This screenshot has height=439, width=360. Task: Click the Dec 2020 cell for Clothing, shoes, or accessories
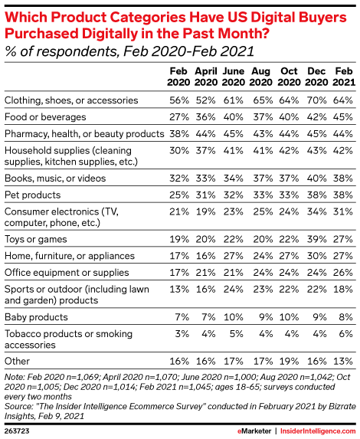click(x=316, y=100)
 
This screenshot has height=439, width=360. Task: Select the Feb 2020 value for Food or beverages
click(x=179, y=116)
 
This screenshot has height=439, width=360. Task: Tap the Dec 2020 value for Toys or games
click(x=316, y=239)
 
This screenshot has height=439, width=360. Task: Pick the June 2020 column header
click(x=234, y=77)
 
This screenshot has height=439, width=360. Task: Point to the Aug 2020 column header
click(x=261, y=77)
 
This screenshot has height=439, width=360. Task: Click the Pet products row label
click(x=32, y=195)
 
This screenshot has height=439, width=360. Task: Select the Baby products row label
click(x=36, y=317)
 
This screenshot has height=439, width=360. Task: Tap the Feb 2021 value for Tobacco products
click(x=345, y=334)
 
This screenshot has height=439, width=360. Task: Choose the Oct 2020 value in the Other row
click(x=289, y=361)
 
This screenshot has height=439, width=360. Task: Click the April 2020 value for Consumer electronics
click(x=206, y=211)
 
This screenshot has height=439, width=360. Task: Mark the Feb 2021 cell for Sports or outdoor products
click(x=343, y=289)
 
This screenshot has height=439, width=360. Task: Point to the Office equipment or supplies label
click(x=67, y=273)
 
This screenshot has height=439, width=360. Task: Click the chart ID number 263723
click(x=17, y=431)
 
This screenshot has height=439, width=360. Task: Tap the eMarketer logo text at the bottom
click(x=254, y=431)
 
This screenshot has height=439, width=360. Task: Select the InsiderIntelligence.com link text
click(x=318, y=431)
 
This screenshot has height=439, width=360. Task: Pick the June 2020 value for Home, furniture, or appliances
click(x=233, y=256)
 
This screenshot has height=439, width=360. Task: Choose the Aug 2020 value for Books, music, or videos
click(x=263, y=178)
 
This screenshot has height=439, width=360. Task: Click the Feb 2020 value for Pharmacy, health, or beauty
click(x=179, y=133)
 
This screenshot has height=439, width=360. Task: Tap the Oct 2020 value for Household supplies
click(x=289, y=150)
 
